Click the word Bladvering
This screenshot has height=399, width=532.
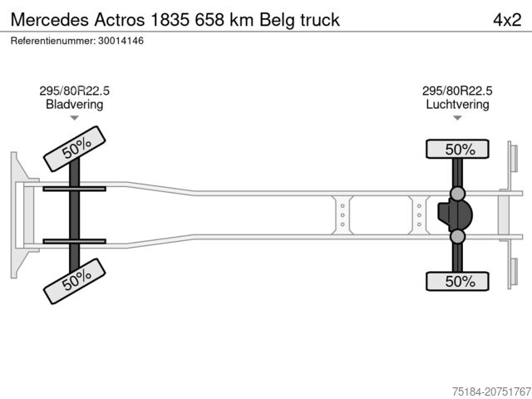pos(75,105)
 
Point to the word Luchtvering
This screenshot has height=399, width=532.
pos(457,105)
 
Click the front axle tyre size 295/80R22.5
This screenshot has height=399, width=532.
pos(75,91)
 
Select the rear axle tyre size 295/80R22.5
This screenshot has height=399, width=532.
pos(457,91)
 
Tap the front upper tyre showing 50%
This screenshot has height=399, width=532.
pos(76,148)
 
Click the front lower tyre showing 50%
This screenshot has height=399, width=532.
pos(76,280)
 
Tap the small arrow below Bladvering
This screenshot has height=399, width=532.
pos(75,118)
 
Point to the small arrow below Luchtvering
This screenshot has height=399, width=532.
pos(457,118)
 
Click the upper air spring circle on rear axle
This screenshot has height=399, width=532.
pos(458,194)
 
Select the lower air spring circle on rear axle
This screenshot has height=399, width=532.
pos(458,237)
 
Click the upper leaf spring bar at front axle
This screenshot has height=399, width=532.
pos(74,189)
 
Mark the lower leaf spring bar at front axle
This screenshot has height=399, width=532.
pos(74,241)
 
